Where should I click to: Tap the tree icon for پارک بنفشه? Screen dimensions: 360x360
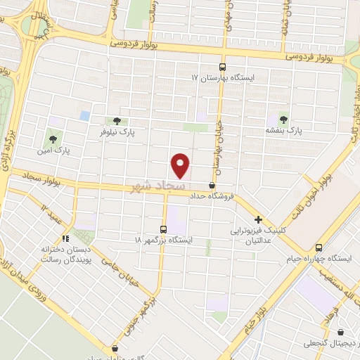(283, 118)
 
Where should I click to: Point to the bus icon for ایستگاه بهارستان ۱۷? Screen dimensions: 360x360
(224, 65)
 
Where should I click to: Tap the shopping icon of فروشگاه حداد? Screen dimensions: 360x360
(212, 186)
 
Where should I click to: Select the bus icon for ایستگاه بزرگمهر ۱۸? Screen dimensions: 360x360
(164, 229)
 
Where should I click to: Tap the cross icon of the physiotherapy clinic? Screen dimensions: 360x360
(259, 219)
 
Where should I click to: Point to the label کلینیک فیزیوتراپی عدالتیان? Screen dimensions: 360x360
(257, 236)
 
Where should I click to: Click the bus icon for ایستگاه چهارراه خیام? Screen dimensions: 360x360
(319, 247)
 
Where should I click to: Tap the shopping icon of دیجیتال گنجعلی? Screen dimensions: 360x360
(342, 333)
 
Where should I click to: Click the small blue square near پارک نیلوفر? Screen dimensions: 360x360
(85, 115)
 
